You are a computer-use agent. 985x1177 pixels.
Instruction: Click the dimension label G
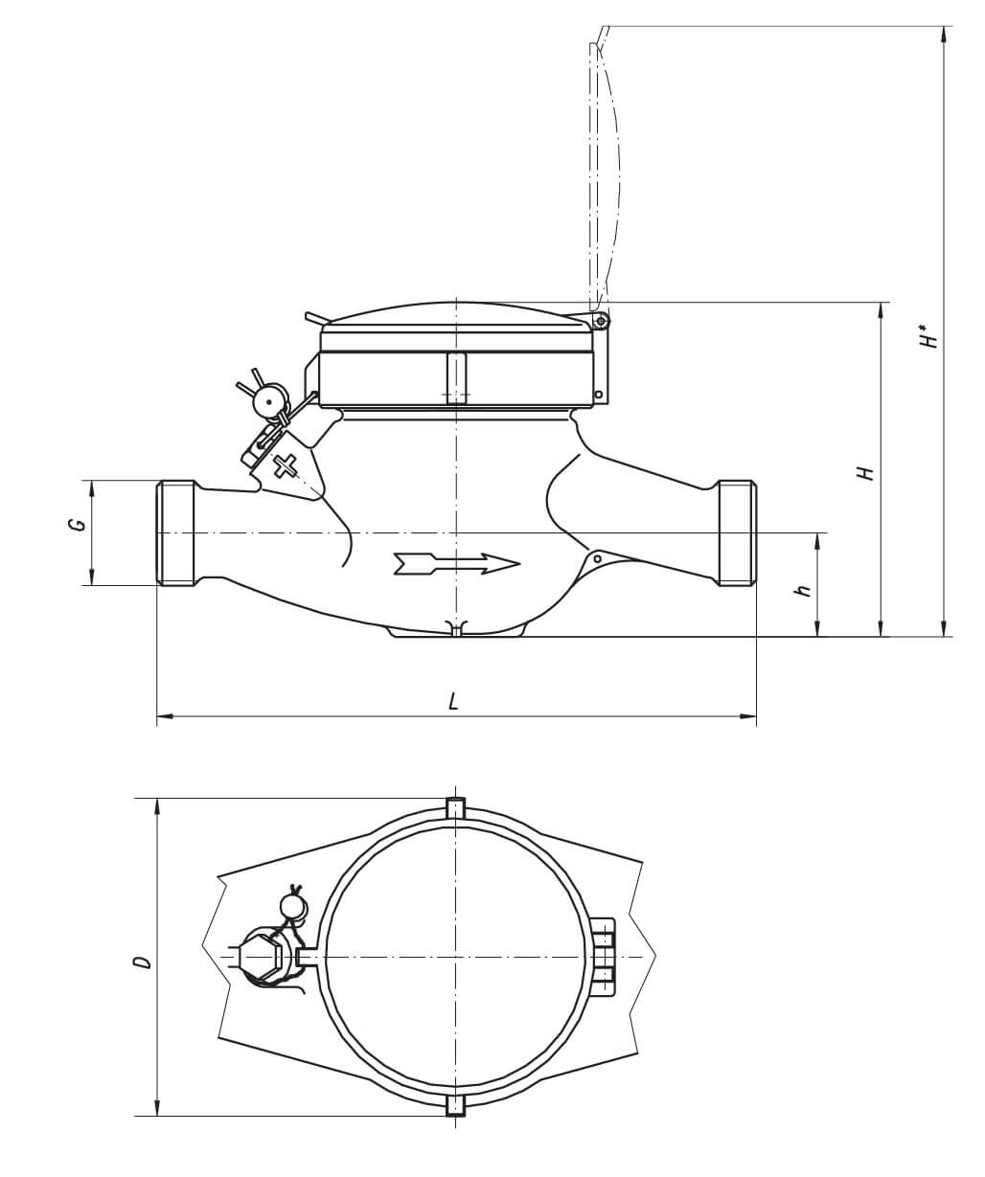[x=80, y=524]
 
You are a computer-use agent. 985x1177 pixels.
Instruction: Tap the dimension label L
[x=452, y=702]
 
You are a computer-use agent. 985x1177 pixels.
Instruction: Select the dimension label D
[x=144, y=962]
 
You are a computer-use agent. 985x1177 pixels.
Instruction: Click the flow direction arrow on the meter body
[x=457, y=564]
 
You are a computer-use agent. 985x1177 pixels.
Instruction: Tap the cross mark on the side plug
[x=285, y=466]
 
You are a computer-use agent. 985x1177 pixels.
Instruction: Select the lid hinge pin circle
[x=602, y=322]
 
